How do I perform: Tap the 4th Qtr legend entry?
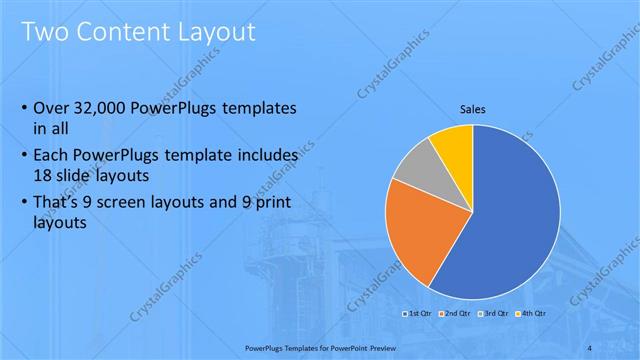point(532,314)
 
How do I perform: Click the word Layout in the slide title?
point(213,32)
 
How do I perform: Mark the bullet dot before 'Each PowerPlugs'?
point(24,156)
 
